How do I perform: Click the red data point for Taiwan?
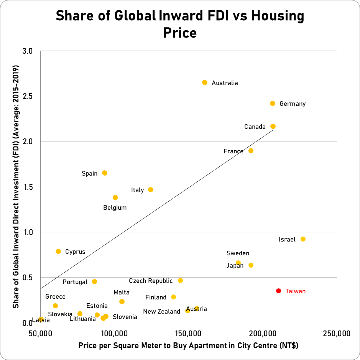point(279,291)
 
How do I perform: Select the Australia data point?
point(205,82)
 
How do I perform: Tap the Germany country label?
point(293,104)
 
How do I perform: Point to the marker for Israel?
point(303,239)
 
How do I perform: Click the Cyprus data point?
point(58,252)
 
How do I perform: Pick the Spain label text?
point(89,174)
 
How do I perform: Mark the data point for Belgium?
point(115,197)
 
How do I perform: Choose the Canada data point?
point(273,127)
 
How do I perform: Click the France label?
point(233,151)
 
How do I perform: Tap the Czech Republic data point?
point(180,281)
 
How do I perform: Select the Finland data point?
point(173,297)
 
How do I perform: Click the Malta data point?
point(122,302)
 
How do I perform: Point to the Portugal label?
point(75,282)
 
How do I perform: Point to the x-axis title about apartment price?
point(188,346)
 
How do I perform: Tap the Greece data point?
point(55,306)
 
